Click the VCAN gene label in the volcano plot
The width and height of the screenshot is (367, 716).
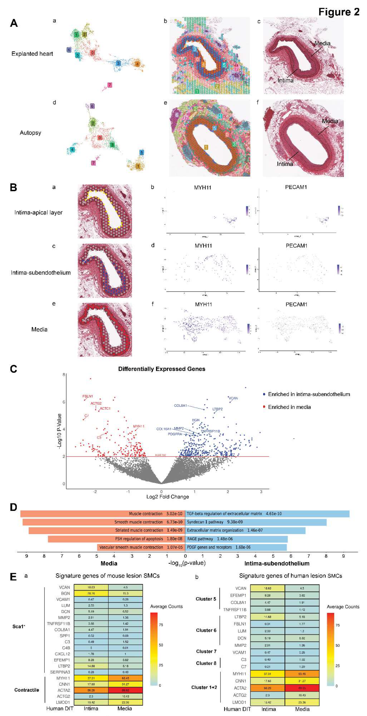[233, 398]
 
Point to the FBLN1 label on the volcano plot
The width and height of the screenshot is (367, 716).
[87, 396]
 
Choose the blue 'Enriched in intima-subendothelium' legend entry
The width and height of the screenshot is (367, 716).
[308, 394]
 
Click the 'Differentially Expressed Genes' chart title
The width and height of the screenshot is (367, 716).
[161, 369]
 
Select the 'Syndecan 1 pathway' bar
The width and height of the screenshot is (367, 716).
[256, 522]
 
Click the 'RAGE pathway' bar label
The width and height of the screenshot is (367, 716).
[200, 539]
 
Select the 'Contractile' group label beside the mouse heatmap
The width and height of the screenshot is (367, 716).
[27, 690]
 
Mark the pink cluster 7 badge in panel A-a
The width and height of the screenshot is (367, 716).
[110, 85]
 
